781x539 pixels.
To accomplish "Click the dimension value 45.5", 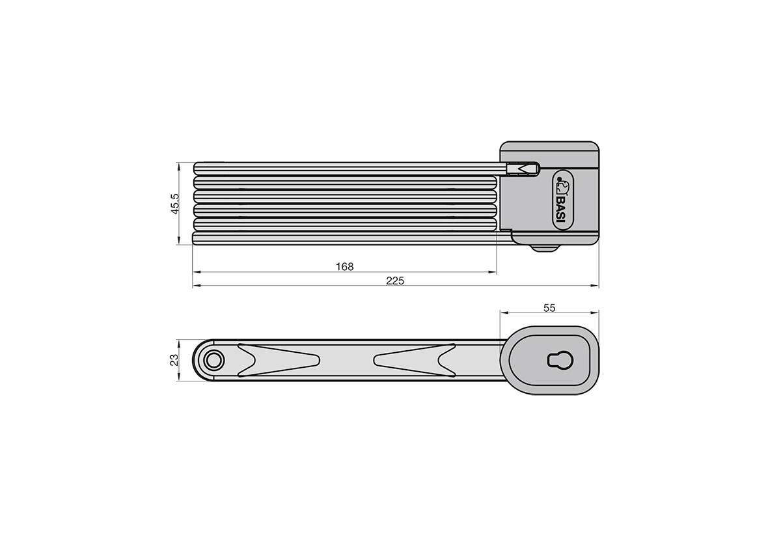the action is (x=174, y=204).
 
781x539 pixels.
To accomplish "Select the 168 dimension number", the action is (x=344, y=266).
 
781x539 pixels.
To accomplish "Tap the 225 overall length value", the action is (x=395, y=281).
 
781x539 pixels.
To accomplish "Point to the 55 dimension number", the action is (x=549, y=308).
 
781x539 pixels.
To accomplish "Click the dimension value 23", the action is (x=174, y=360).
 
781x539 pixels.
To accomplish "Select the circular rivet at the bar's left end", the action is (x=213, y=360).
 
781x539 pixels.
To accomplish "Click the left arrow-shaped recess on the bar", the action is (x=277, y=360).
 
